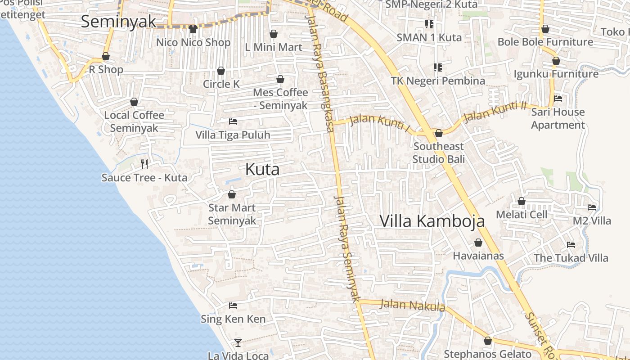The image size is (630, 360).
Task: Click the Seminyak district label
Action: (118, 21)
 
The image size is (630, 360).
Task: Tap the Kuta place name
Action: (262, 169)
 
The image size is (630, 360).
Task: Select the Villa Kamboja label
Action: (432, 221)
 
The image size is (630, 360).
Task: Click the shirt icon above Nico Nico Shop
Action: (193, 30)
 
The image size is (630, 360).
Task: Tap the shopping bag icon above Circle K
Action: (221, 71)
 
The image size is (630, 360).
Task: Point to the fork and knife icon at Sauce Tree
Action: (144, 164)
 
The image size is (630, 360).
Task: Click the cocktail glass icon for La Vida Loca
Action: (238, 343)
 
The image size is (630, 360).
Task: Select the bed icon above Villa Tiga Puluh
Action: (233, 121)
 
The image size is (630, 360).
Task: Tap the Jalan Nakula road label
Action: (413, 305)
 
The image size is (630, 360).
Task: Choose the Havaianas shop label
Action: (478, 256)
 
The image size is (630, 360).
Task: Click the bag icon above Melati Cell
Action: (522, 201)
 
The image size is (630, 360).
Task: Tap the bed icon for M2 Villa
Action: (592, 207)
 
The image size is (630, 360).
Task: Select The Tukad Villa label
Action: (571, 258)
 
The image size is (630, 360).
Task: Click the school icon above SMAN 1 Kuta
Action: (429, 24)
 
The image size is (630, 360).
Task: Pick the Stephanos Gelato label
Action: (488, 354)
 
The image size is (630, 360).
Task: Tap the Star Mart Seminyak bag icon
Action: (232, 194)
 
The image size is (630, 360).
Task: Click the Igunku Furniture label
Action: (556, 74)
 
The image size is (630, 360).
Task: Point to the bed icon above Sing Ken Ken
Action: (233, 306)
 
